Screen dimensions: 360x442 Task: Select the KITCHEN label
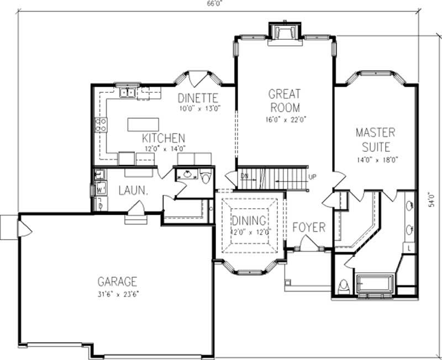164,138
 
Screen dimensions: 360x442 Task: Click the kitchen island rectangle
143,124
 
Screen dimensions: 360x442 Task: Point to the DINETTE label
198,98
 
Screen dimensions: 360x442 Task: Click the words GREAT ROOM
284,100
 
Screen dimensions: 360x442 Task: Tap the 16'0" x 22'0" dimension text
284,118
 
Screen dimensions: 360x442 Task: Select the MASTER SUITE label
375,140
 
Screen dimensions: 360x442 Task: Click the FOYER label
309,227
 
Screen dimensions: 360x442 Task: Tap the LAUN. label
133,190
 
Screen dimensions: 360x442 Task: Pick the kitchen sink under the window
128,92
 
